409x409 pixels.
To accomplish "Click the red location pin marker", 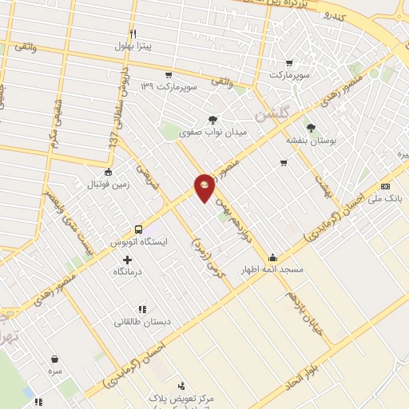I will pyautogui.click(x=204, y=189).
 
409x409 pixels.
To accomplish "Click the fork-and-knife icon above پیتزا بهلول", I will pyautogui.click(x=133, y=34).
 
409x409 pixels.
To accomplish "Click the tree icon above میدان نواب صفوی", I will pyautogui.click(x=212, y=120).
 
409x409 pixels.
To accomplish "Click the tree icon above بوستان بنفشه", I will pyautogui.click(x=311, y=127).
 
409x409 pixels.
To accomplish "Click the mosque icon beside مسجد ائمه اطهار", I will pyautogui.click(x=273, y=257).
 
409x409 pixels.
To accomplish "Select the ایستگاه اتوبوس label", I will pyautogui.click(x=138, y=241).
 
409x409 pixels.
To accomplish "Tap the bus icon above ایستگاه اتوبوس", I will pyautogui.click(x=139, y=229).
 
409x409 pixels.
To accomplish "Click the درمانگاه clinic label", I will pyautogui.click(x=128, y=272).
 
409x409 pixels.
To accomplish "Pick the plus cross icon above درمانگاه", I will pyautogui.click(x=127, y=260).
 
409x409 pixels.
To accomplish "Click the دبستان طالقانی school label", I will pyautogui.click(x=141, y=322).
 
